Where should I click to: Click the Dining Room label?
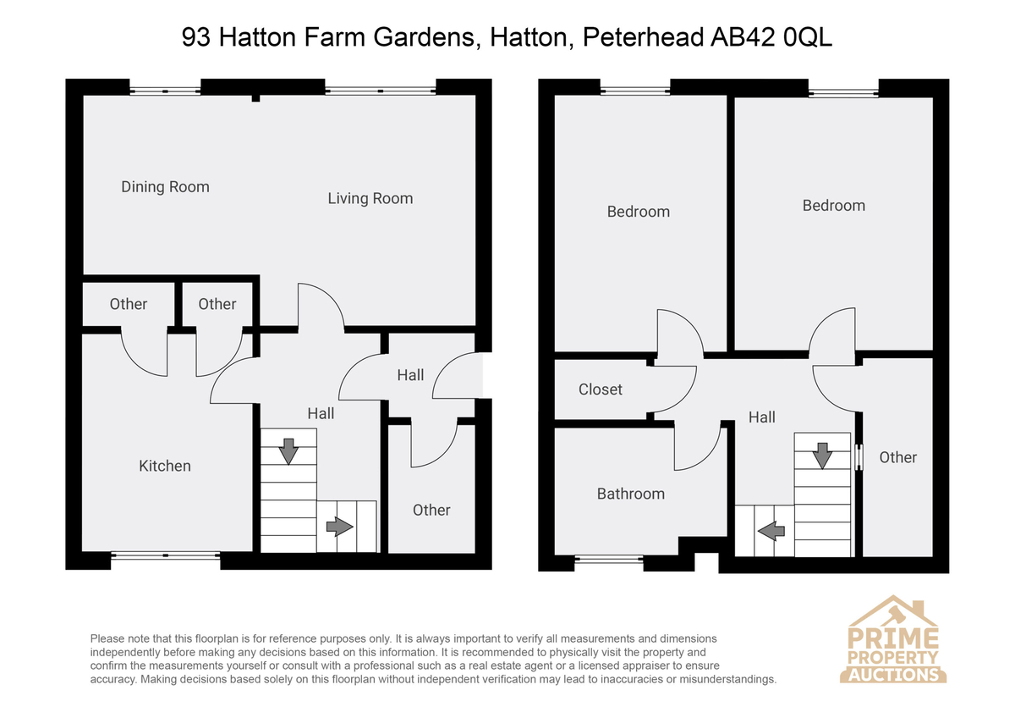tap(166, 187)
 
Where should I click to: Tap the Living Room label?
tap(370, 199)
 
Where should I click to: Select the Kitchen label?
tap(164, 466)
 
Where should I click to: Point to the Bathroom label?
tap(631, 494)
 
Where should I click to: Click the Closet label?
tap(601, 389)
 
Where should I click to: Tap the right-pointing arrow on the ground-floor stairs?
tap(339, 527)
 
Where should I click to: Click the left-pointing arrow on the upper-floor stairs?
tap(771, 530)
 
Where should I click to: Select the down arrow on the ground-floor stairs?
tap(288, 451)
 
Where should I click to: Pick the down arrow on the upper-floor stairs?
tap(822, 456)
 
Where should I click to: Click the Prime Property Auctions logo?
tap(892, 639)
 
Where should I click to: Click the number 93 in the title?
tap(195, 37)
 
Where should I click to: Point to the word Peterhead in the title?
tap(642, 37)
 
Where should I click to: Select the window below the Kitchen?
tap(166, 555)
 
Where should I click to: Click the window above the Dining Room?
tap(166, 91)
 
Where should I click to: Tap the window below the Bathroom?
tap(609, 560)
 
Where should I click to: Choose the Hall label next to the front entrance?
tap(410, 375)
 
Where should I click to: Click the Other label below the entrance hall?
tap(431, 511)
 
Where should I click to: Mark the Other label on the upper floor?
tap(898, 457)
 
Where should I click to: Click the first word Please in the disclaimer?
tap(107, 639)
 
